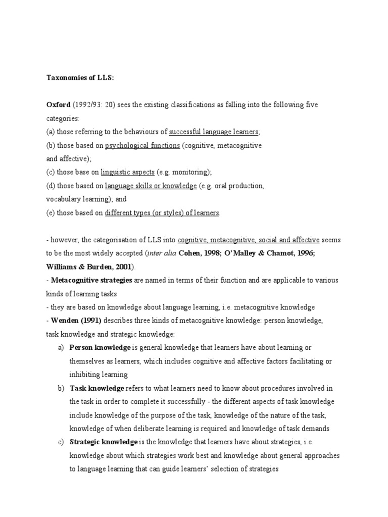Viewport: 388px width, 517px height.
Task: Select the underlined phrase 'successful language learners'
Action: [214, 132]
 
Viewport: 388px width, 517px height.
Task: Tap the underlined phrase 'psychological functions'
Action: [142, 145]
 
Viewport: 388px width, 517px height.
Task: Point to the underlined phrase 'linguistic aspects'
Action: [128, 172]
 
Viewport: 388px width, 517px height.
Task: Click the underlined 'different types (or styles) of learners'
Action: [162, 213]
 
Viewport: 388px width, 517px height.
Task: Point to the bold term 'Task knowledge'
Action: [96, 388]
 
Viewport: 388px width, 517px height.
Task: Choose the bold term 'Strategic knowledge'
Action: [103, 442]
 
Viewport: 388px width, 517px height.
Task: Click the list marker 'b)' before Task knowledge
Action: [61, 388]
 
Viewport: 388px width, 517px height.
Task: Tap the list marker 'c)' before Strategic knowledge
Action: [61, 442]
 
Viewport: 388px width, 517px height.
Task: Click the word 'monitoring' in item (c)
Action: [189, 172]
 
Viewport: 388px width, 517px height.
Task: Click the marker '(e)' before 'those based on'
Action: [50, 213]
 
